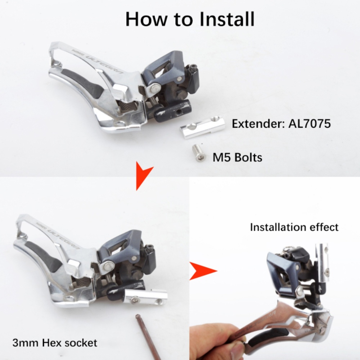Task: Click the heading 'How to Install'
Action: (190, 19)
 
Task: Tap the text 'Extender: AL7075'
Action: (281, 124)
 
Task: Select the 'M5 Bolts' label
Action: (237, 157)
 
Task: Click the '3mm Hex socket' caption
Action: (55, 342)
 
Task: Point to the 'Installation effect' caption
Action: (294, 227)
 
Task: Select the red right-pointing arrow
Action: (202, 271)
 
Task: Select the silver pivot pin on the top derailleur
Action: (155, 86)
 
